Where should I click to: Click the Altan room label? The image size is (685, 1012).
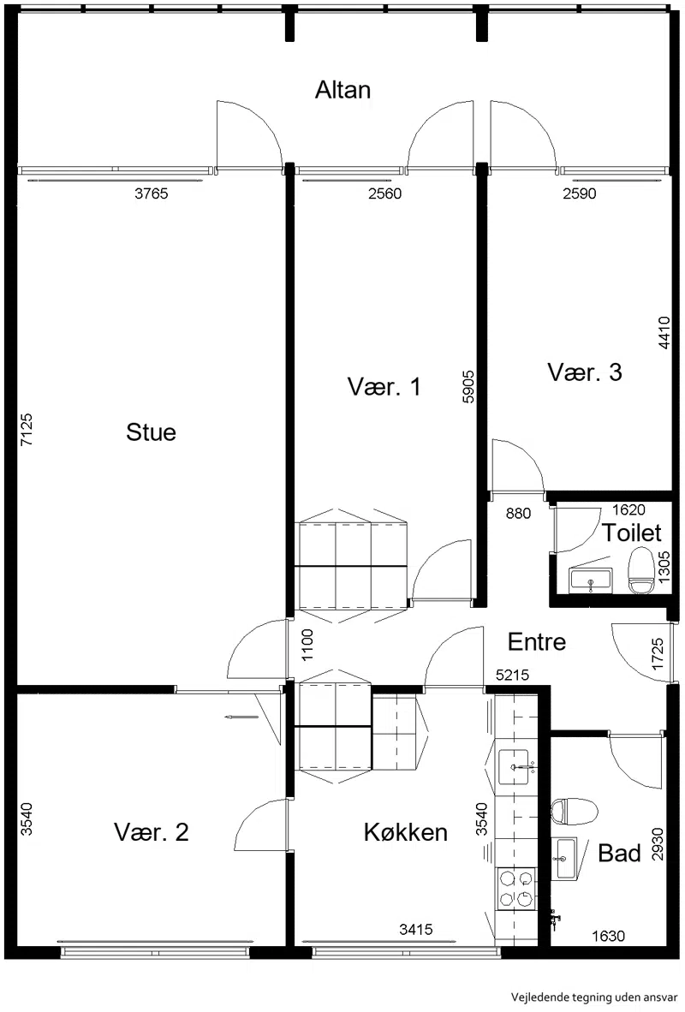coord(342,90)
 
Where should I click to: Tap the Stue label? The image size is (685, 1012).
coord(151,432)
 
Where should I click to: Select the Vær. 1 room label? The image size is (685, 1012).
coord(384,387)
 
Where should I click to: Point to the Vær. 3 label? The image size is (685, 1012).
coord(585,372)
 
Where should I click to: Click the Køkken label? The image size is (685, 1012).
coord(406,832)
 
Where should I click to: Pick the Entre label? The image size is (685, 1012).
coord(537,641)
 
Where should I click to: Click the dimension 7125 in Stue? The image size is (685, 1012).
coord(27,430)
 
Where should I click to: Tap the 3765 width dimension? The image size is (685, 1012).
coord(151,193)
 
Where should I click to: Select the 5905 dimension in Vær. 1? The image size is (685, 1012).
coord(468,387)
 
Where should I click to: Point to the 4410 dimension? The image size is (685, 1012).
coord(664,332)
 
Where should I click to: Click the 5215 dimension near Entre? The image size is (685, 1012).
coord(513,676)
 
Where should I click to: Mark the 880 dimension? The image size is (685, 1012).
coord(518,513)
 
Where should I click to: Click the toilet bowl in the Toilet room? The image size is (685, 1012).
coord(641,570)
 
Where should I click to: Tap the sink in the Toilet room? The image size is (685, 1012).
coord(592,580)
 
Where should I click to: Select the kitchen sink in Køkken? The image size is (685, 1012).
coord(514,767)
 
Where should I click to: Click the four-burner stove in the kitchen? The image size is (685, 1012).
coord(515,888)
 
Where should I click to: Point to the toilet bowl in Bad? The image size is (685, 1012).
coord(574,812)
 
